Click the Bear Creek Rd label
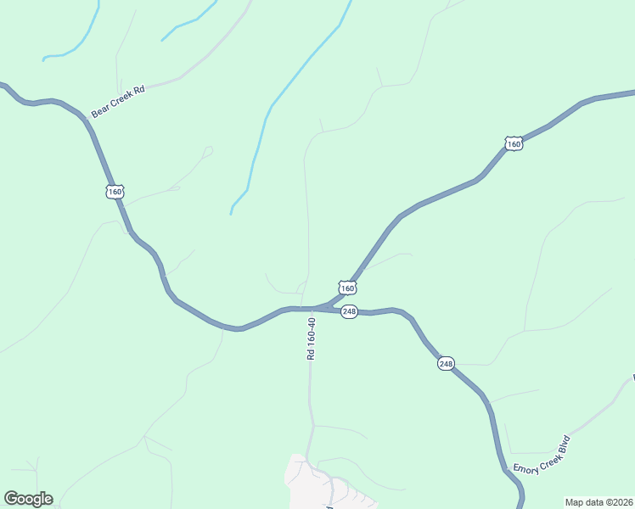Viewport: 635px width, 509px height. [x=119, y=100]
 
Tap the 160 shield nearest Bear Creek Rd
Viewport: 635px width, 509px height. [x=115, y=192]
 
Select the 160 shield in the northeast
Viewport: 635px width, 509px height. [x=513, y=144]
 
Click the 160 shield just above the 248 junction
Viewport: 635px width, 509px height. [x=347, y=288]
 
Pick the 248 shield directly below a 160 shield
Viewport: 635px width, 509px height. [x=349, y=311]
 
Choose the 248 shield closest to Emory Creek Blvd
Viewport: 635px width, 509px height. [x=447, y=364]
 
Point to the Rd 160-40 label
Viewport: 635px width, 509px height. [x=312, y=338]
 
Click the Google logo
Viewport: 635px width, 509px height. [x=28, y=499]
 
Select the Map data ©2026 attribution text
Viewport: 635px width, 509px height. [x=599, y=501]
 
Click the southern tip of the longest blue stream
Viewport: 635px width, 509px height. [x=231, y=213]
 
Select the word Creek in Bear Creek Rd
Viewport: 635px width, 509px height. [x=120, y=99]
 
